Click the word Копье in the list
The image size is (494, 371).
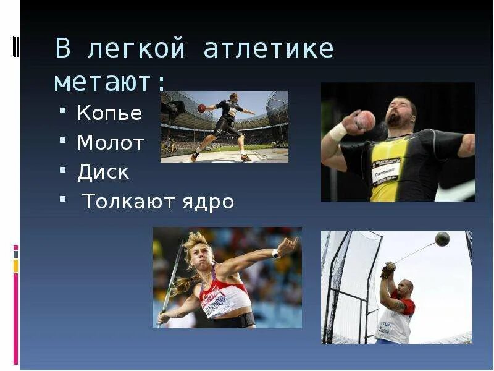(x=109, y=114)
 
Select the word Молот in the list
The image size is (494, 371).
(x=111, y=143)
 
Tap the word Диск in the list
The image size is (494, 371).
(x=103, y=173)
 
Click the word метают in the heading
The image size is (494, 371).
(x=106, y=82)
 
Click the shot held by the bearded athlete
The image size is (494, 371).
(x=366, y=120)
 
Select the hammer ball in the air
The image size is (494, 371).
(x=442, y=239)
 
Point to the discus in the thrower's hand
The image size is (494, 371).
(x=201, y=108)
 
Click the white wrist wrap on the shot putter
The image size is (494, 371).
(x=338, y=132)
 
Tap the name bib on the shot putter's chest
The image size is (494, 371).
(x=386, y=172)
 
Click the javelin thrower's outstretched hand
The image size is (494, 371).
(x=286, y=246)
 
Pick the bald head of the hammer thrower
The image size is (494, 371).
(x=404, y=288)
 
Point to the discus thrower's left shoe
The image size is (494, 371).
(x=195, y=156)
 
